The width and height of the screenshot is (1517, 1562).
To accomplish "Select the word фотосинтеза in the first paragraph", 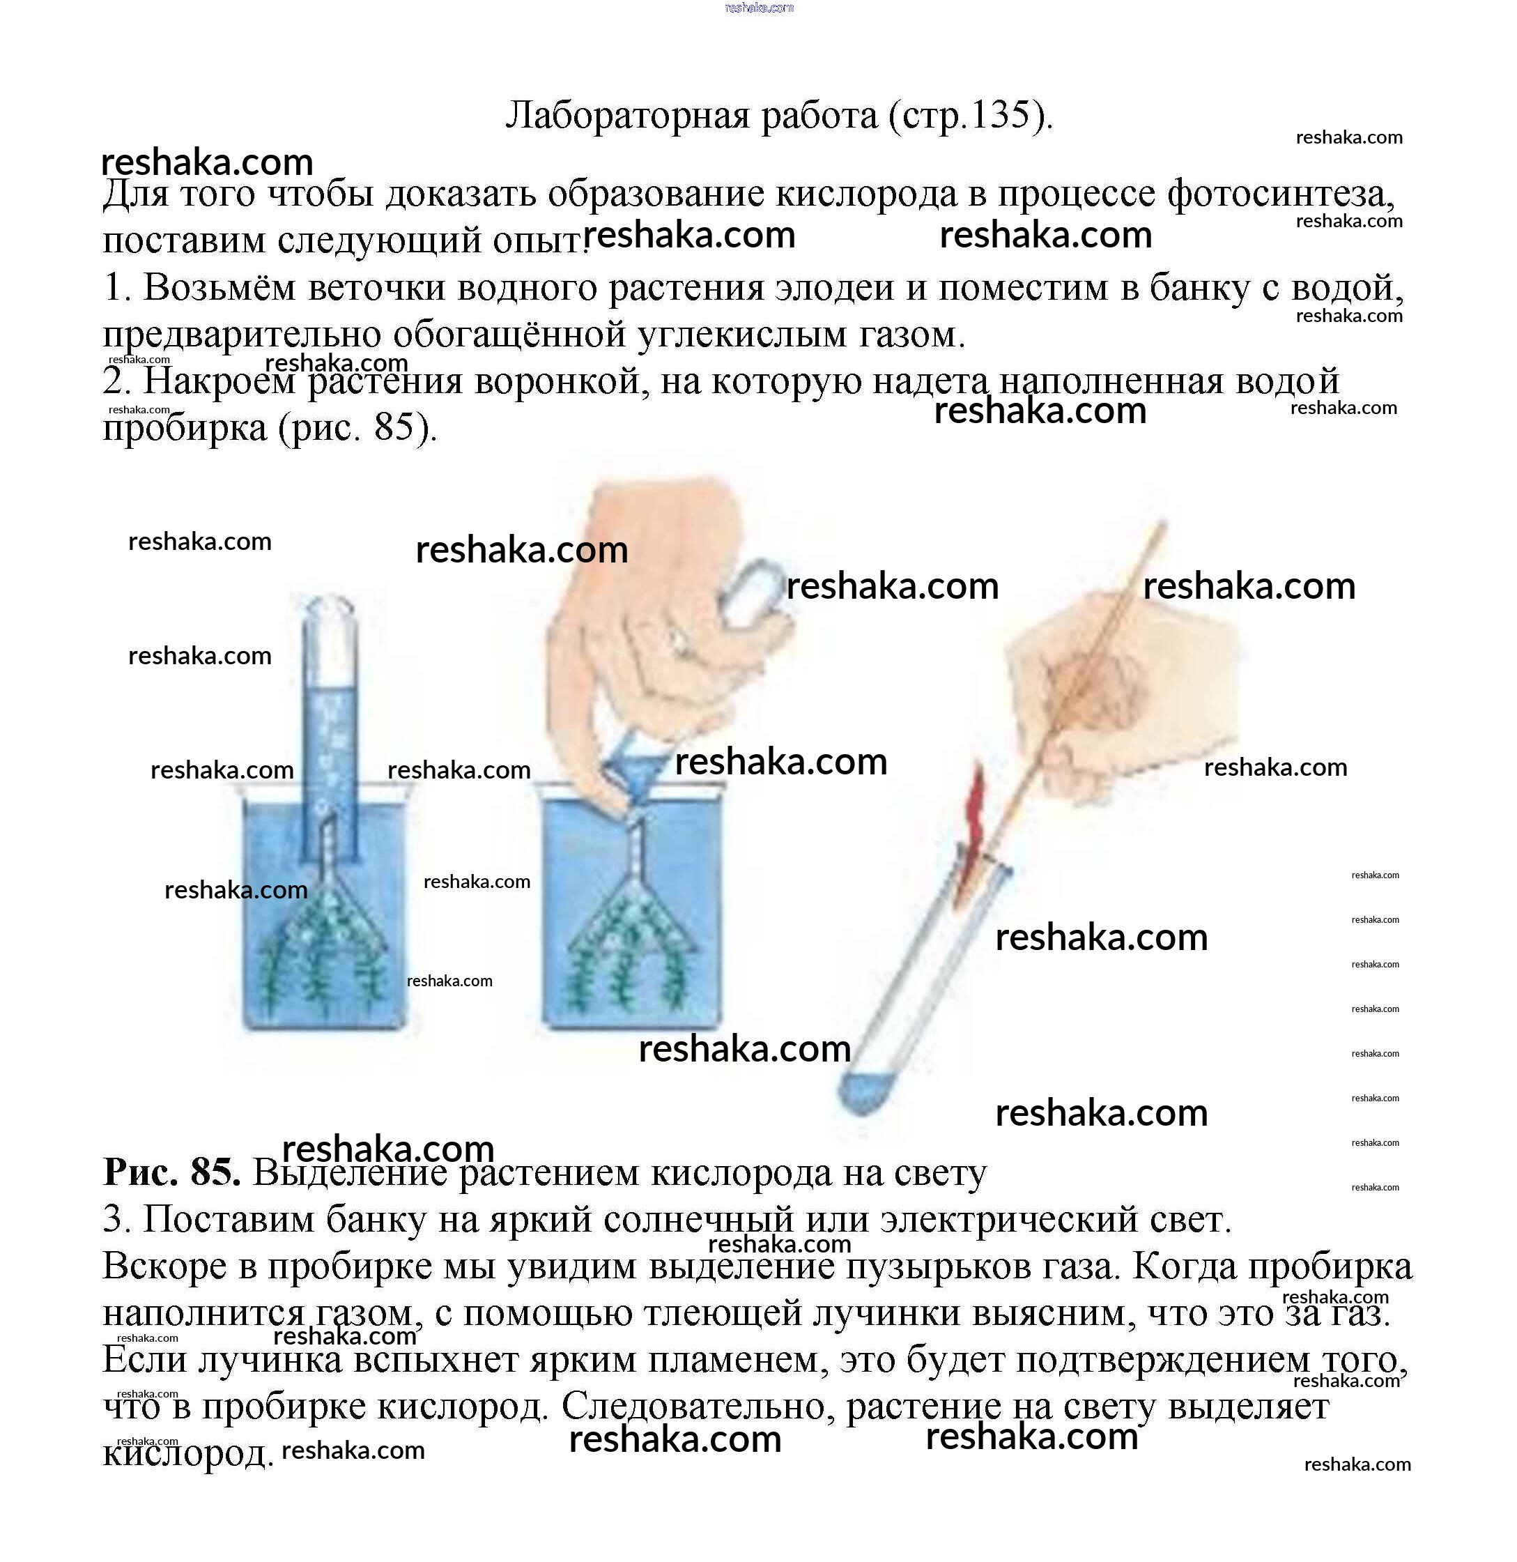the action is coord(1281,194).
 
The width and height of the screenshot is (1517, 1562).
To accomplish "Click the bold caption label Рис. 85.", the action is coord(171,1172).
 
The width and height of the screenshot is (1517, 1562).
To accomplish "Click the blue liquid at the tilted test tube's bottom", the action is coord(862,1092).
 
